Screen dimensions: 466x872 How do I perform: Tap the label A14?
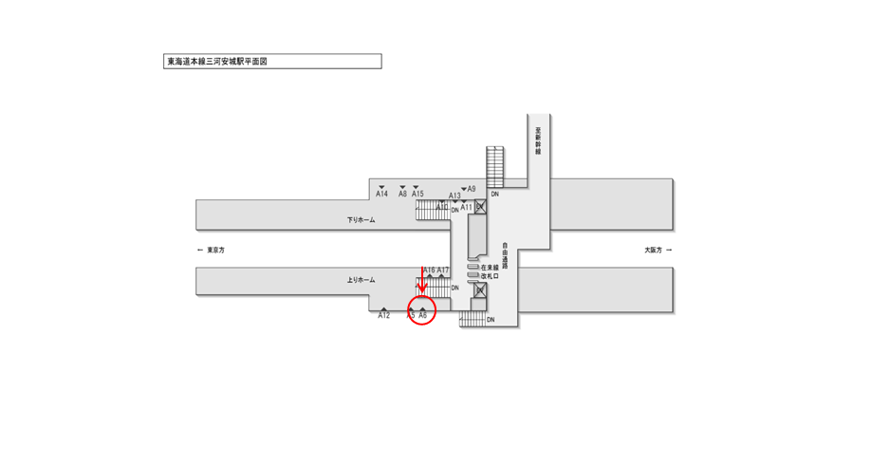tap(381, 194)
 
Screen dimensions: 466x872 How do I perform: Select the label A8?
tap(402, 194)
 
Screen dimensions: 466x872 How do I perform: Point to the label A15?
tap(417, 194)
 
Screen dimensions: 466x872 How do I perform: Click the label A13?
tap(455, 196)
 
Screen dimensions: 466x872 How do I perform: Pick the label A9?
tap(471, 189)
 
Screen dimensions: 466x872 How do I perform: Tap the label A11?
tap(466, 207)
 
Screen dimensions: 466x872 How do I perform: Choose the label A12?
tap(383, 315)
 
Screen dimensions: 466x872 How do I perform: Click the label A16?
tap(429, 270)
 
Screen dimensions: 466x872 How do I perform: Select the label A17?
tap(443, 270)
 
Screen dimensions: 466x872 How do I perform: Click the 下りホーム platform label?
tap(361, 220)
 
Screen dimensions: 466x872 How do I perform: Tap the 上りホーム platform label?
tap(361, 280)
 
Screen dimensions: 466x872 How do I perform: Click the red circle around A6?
tap(421, 310)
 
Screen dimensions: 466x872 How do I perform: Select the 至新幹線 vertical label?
tap(537, 139)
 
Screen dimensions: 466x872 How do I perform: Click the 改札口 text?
tap(489, 277)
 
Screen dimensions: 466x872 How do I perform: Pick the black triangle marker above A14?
tap(381, 186)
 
